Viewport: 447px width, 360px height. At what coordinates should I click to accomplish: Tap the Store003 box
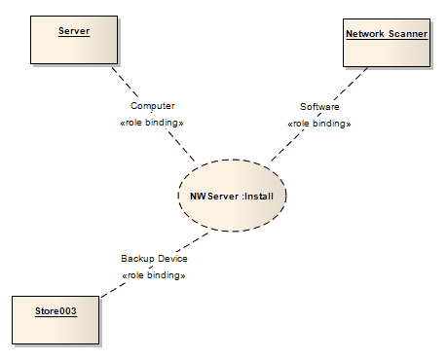[x=55, y=320]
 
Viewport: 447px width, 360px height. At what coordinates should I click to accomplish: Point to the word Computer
[x=153, y=105]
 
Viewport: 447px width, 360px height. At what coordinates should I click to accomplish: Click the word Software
[x=319, y=105]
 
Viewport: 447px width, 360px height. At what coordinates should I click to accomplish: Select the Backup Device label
[x=154, y=259]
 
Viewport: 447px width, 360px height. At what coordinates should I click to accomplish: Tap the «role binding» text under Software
[x=319, y=124]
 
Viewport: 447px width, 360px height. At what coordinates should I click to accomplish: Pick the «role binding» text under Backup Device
[x=154, y=275]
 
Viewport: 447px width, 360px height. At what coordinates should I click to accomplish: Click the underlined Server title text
[x=74, y=31]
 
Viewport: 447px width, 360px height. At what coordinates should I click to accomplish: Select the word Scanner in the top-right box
[x=408, y=33]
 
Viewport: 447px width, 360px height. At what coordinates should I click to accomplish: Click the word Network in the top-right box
[x=366, y=33]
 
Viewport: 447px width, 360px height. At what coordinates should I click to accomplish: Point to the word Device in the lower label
[x=171, y=259]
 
